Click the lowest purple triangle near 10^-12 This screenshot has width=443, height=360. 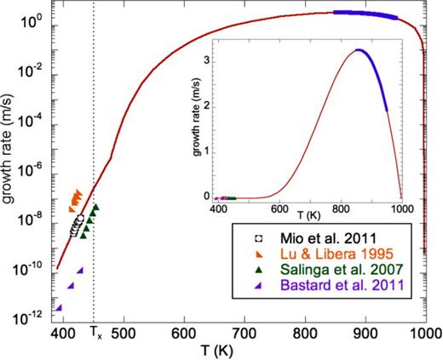(x=59, y=308)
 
